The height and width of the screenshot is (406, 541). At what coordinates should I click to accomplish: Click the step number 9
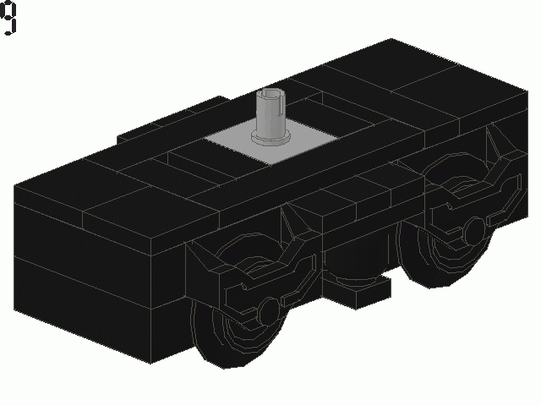tap(8, 19)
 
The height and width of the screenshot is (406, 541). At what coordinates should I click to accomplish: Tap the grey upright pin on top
tap(271, 113)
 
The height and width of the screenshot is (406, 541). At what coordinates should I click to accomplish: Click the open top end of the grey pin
tap(271, 94)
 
